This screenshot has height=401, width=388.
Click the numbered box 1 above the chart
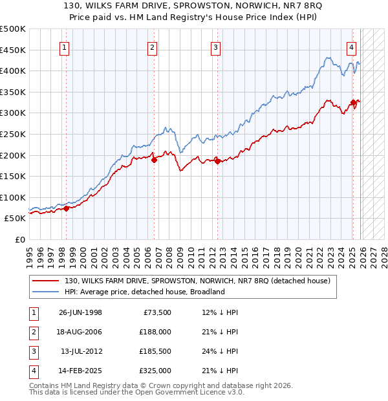66,47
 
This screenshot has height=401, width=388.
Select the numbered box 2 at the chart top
152,47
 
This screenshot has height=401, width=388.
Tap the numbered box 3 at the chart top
215,47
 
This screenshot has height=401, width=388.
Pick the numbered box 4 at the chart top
351,47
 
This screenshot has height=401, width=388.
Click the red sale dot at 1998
66,208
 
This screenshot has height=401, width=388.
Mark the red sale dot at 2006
153,160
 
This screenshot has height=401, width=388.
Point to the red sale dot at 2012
217,161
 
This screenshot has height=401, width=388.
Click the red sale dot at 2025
353,102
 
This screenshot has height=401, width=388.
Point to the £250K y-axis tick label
13,134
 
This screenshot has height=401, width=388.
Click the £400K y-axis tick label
13,70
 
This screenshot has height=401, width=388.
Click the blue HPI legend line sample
47,292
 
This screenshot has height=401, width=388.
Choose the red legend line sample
47,281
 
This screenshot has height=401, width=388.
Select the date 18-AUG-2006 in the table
80,332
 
